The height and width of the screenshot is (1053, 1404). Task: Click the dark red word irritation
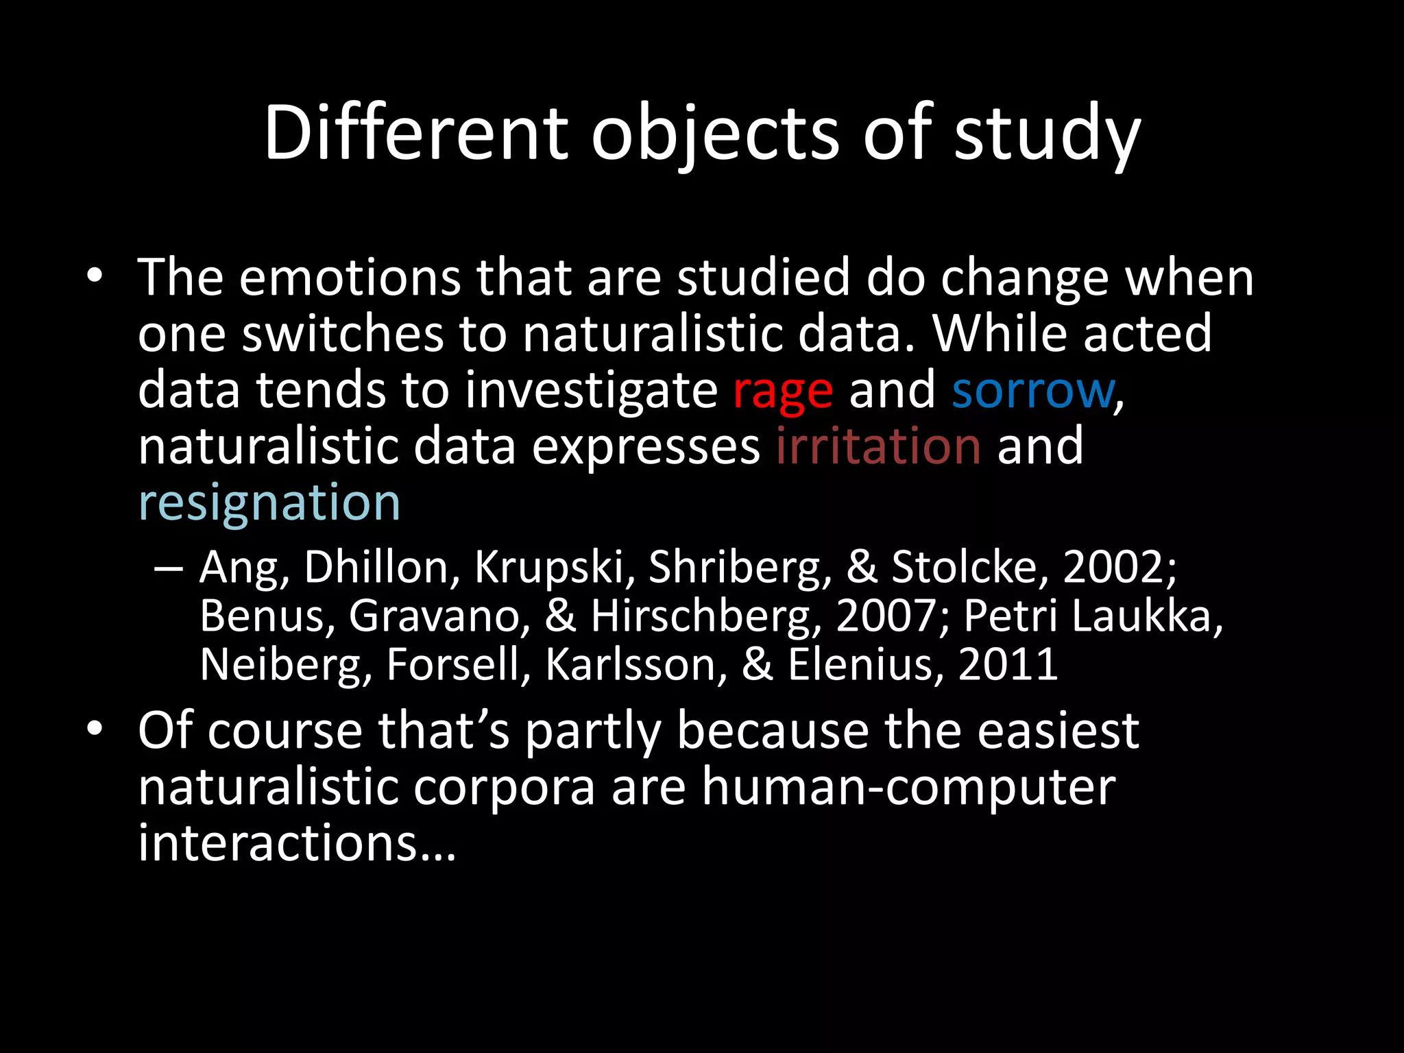878,446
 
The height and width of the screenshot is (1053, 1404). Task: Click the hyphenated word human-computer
908,788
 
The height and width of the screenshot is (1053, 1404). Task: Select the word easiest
1058,731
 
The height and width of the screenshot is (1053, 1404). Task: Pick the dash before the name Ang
169,568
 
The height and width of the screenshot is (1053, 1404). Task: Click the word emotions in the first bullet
350,278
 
